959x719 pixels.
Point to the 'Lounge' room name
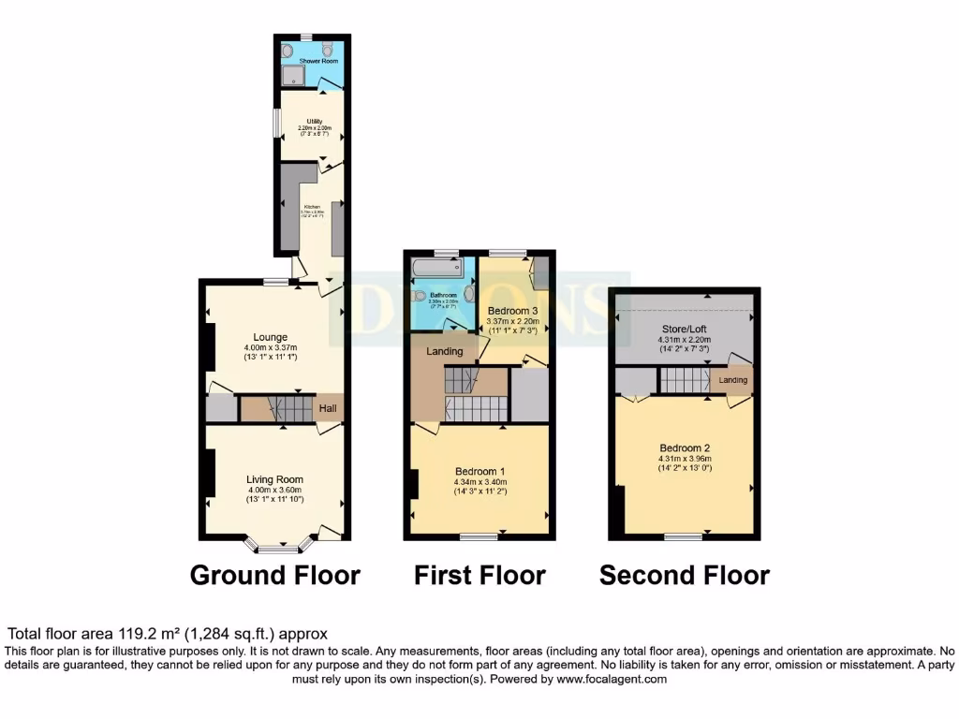[270, 337]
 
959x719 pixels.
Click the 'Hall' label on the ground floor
[329, 409]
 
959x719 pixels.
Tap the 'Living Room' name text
[275, 479]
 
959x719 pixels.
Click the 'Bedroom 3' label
[511, 311]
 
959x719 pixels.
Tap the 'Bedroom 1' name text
[480, 471]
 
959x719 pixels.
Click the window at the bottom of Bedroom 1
[479, 536]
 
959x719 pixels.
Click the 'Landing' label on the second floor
[733, 380]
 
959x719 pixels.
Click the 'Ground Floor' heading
[274, 575]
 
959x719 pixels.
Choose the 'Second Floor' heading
[685, 575]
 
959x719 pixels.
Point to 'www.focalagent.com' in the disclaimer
[610, 680]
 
